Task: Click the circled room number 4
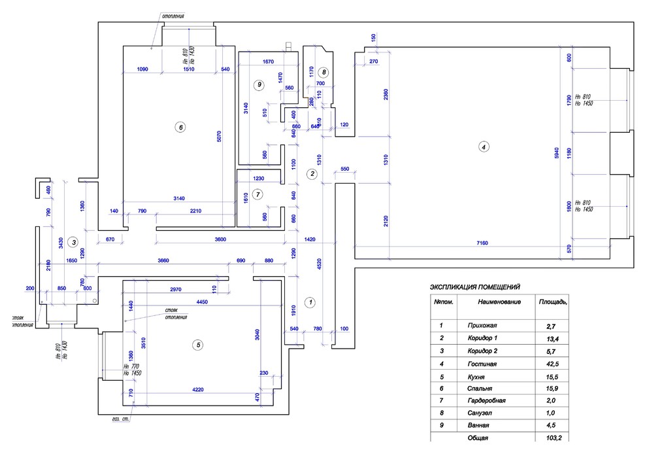483,147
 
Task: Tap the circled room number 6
181,127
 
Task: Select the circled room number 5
199,345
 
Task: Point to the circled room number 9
259,84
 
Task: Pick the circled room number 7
257,194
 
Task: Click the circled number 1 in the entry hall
311,302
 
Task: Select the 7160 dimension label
483,243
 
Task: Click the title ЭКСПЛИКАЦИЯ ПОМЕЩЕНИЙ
474,287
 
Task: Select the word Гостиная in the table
482,362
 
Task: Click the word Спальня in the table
482,388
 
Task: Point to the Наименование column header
499,302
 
